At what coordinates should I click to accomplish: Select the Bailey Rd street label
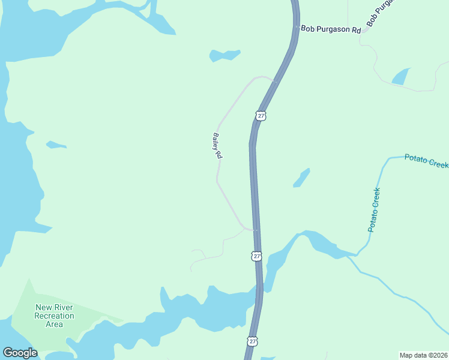click(217, 146)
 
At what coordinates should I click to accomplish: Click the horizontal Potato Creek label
click(426, 160)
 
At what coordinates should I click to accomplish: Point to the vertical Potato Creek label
click(375, 210)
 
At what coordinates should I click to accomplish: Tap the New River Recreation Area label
click(54, 316)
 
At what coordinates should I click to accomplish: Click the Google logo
click(20, 353)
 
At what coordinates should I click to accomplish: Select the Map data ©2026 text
click(423, 355)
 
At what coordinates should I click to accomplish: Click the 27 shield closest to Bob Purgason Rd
click(260, 115)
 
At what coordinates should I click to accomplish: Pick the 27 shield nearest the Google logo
click(252, 341)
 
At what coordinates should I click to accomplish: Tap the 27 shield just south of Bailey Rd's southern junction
click(256, 256)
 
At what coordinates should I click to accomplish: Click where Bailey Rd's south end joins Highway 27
click(255, 229)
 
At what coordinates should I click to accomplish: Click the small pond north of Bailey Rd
click(224, 55)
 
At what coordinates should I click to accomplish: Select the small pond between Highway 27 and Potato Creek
click(301, 178)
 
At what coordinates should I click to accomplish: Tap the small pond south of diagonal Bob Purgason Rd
click(400, 76)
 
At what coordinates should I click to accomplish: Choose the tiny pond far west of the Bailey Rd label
click(55, 145)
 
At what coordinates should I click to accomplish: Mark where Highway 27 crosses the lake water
click(260, 294)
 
